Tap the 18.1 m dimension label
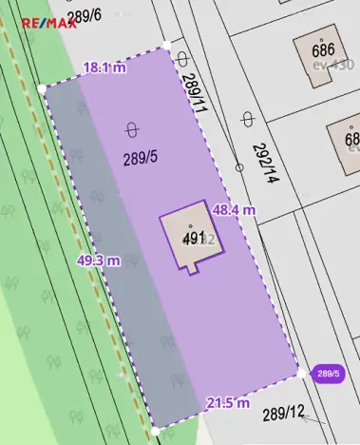(x=104, y=68)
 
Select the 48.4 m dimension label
(x=234, y=209)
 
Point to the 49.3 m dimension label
(x=99, y=261)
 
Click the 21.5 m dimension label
(x=227, y=403)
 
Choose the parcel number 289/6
(x=85, y=14)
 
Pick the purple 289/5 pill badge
(x=328, y=374)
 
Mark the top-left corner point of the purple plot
(x=42, y=88)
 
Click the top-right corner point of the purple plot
(x=166, y=45)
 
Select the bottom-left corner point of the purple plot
(x=155, y=431)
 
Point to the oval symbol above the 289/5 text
(x=131, y=129)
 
